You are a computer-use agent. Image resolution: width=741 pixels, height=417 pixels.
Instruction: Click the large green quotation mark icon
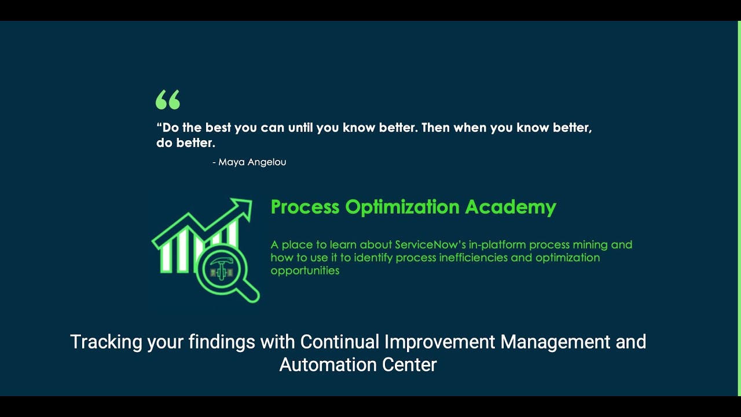168,100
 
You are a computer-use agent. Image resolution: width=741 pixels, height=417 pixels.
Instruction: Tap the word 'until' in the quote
300,127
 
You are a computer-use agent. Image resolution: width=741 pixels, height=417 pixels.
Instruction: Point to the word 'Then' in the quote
436,127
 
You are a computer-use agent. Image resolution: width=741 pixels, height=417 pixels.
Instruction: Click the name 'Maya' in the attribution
232,162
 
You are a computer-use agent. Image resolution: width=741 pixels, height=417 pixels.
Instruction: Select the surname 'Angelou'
267,162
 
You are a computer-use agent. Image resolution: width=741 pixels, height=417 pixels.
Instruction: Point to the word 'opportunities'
305,271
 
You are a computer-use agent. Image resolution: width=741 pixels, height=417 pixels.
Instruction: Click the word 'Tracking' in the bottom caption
106,342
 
